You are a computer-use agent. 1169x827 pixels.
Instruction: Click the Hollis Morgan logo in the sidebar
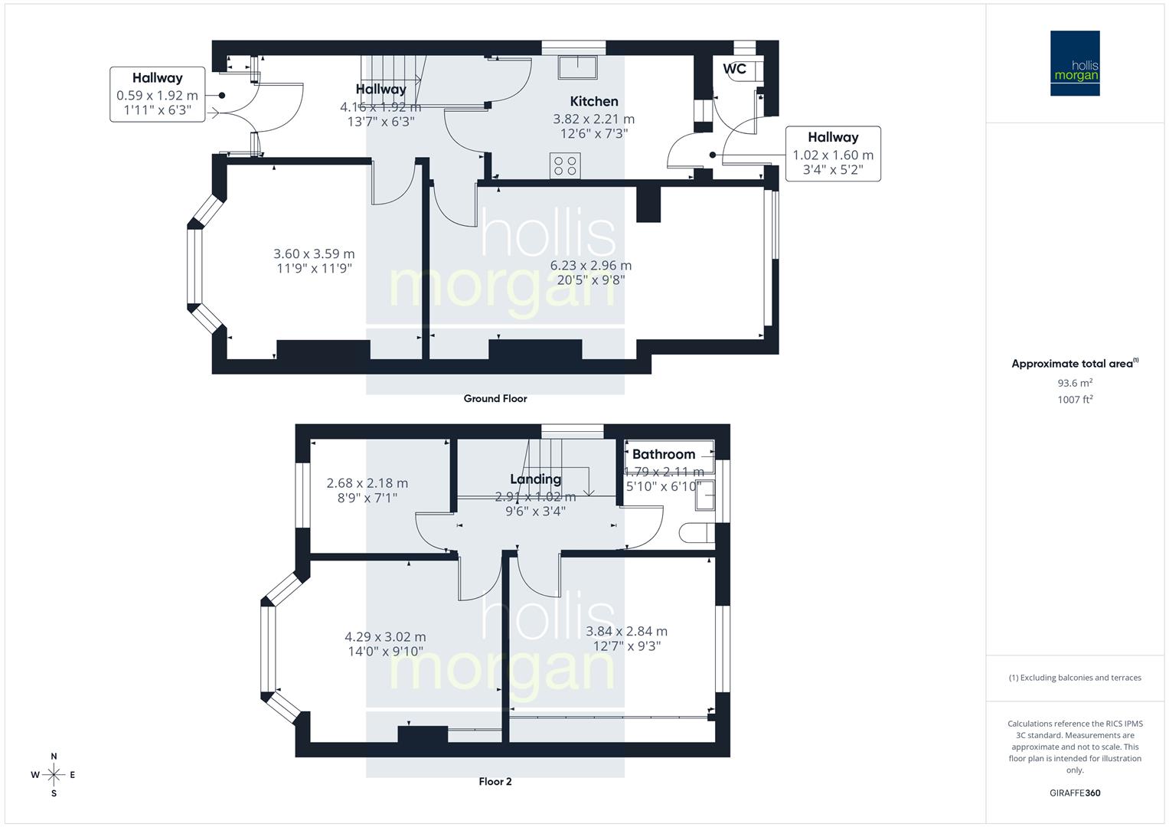pos(1074,64)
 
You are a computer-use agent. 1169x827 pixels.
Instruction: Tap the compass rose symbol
pos(54,775)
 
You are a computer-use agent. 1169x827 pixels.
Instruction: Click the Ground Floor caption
pos(495,398)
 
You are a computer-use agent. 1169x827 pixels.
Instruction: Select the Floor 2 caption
pos(495,781)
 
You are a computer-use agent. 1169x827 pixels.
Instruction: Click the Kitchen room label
pos(593,101)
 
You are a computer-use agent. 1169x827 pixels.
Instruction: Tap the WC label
pos(734,69)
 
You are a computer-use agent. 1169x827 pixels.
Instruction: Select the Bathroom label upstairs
pos(663,454)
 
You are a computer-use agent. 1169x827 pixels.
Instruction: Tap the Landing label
pos(535,479)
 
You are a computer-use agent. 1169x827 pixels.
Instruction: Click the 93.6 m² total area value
pos(1075,383)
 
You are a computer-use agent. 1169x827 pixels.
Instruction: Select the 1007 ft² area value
pos(1075,399)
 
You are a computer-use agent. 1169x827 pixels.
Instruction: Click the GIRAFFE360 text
pos(1075,793)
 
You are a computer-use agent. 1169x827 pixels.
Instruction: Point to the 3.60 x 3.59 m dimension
pos(314,253)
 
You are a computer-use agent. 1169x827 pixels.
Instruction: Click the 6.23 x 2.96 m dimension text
pos(591,266)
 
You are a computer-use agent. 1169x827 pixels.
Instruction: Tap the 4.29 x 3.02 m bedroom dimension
pos(385,636)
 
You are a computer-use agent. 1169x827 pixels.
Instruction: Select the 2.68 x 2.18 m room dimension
pos(367,483)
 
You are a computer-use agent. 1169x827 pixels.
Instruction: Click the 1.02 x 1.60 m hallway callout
pos(833,155)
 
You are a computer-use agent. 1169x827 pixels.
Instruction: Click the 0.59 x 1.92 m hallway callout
pos(157,96)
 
